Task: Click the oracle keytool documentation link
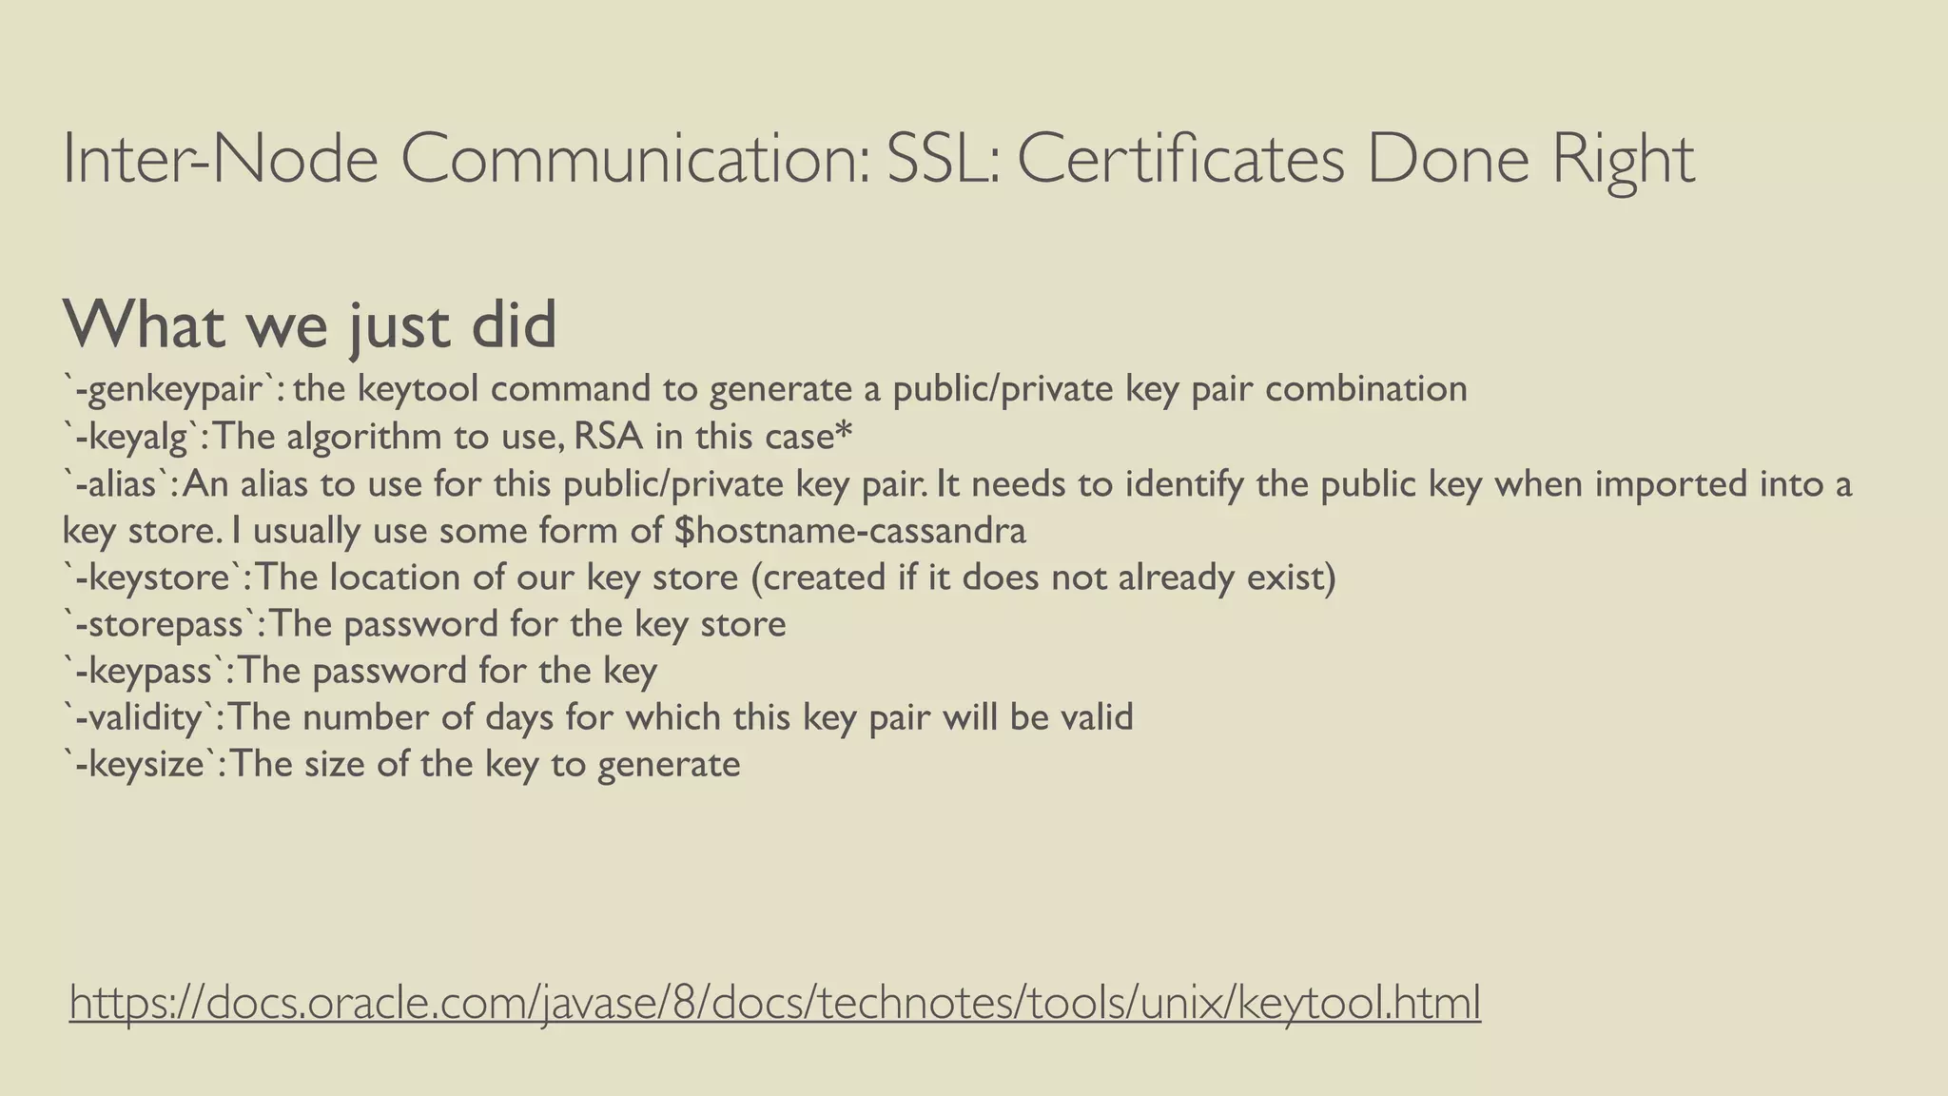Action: click(775, 1003)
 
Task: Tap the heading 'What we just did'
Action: click(310, 324)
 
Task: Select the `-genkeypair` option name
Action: click(172, 389)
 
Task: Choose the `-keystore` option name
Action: click(157, 577)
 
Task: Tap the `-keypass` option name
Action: click(148, 671)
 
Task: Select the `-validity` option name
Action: click(143, 716)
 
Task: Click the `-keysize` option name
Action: click(144, 764)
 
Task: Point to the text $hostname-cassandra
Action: click(850, 531)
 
